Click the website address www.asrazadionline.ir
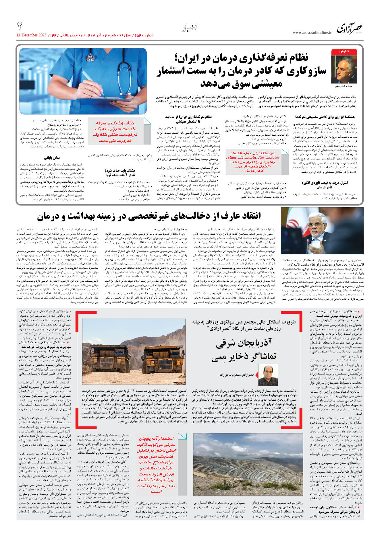click(312, 33)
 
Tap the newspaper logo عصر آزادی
click(350, 29)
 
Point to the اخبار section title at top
click(190, 28)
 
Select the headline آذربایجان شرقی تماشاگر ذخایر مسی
click(244, 349)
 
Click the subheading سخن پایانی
click(52, 158)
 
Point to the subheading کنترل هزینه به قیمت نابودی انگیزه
click(325, 185)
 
